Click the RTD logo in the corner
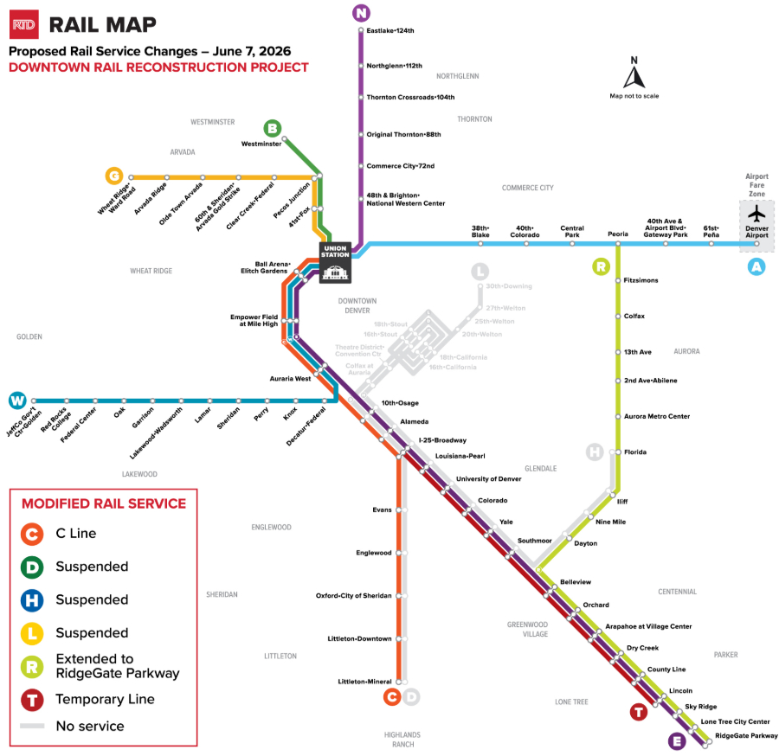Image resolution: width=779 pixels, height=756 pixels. (x=23, y=26)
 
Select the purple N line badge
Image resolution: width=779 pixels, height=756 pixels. (x=361, y=12)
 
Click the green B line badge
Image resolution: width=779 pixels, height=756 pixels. (x=273, y=129)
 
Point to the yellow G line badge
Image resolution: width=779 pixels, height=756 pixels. (x=113, y=176)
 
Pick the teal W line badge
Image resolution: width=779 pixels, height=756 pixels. (x=16, y=400)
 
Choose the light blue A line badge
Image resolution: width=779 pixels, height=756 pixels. (x=756, y=267)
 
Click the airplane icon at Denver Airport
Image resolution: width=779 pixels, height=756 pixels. (x=756, y=214)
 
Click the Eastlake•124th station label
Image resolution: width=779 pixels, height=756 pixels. (x=391, y=30)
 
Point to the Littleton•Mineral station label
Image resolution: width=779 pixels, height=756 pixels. (x=364, y=682)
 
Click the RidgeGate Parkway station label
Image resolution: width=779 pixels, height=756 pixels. (x=746, y=736)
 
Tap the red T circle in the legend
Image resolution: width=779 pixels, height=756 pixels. (x=32, y=699)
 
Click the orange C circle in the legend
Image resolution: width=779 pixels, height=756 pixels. (x=32, y=534)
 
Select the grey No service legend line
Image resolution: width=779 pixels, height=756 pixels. (x=32, y=726)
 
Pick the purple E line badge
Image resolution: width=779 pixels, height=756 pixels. (x=677, y=740)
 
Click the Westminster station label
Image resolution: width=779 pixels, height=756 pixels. (x=261, y=144)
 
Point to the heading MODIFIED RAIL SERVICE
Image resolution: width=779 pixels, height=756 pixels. (x=104, y=503)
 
